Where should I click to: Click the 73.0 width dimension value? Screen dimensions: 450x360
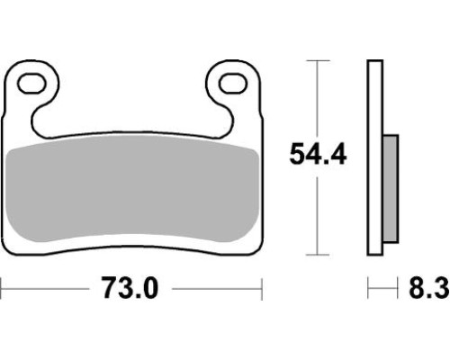[130, 288]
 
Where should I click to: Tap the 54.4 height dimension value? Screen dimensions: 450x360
[318, 154]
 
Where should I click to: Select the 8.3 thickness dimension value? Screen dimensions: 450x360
[429, 288]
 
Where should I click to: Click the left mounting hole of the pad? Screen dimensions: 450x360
[31, 83]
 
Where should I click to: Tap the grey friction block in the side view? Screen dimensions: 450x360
[391, 189]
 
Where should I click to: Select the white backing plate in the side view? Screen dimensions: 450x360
[375, 157]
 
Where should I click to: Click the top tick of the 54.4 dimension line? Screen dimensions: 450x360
[318, 60]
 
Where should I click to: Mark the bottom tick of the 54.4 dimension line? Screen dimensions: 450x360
[318, 255]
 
